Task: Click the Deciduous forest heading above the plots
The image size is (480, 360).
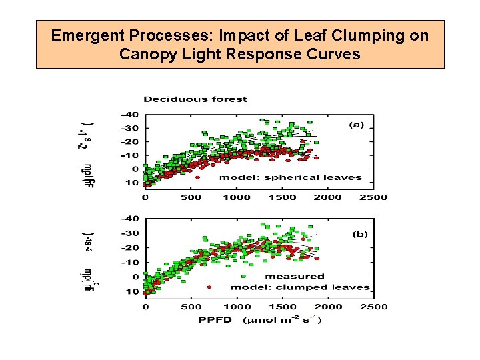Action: coord(195,99)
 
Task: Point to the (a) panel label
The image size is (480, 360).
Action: coord(358,125)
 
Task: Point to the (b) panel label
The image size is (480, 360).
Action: coord(360,234)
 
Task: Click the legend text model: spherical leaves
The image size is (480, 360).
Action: coord(290,177)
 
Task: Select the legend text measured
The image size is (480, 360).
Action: coord(295,276)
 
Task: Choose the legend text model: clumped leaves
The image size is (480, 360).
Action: coord(299,287)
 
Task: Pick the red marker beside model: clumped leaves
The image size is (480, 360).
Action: coord(209,287)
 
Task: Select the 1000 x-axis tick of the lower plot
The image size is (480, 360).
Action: coord(237,307)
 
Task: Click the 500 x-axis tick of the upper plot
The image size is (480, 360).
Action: coord(191,197)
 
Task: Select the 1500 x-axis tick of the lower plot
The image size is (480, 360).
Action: coord(283,307)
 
